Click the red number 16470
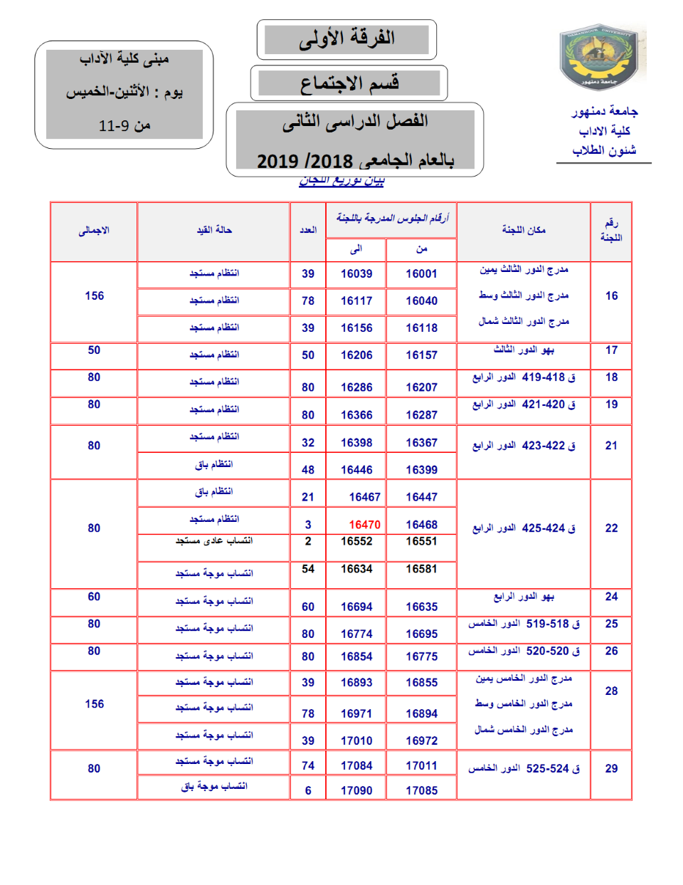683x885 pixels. (364, 525)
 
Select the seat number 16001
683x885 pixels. (421, 273)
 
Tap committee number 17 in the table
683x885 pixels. (611, 350)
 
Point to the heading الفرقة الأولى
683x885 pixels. (346, 38)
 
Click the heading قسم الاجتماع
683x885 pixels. (349, 83)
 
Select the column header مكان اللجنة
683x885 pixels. (524, 229)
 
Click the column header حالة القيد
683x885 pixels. (214, 230)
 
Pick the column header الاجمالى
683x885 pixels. (94, 231)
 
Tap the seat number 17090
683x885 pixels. (356, 790)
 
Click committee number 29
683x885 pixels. (611, 769)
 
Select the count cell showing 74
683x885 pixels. (308, 765)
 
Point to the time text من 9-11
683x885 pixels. (125, 126)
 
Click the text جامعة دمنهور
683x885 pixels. (604, 111)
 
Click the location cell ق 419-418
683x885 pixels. (524, 377)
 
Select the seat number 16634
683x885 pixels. (356, 569)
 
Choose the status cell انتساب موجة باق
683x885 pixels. (214, 786)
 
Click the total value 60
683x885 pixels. (94, 597)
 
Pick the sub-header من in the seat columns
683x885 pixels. (421, 248)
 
